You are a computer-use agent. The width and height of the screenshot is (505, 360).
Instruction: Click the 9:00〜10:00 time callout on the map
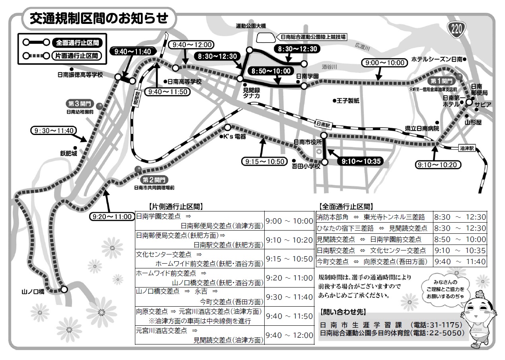point(384,63)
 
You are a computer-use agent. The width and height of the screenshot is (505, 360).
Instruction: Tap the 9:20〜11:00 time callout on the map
point(111,217)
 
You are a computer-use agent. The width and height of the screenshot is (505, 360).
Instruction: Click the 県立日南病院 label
point(422,129)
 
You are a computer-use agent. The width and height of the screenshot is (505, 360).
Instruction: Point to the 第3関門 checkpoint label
point(80,104)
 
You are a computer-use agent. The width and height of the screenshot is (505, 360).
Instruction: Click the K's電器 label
point(235,137)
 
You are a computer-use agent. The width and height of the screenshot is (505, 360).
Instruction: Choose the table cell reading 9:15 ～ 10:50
point(289,259)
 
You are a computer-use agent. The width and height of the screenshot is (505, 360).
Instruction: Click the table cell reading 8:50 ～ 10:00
point(460,239)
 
